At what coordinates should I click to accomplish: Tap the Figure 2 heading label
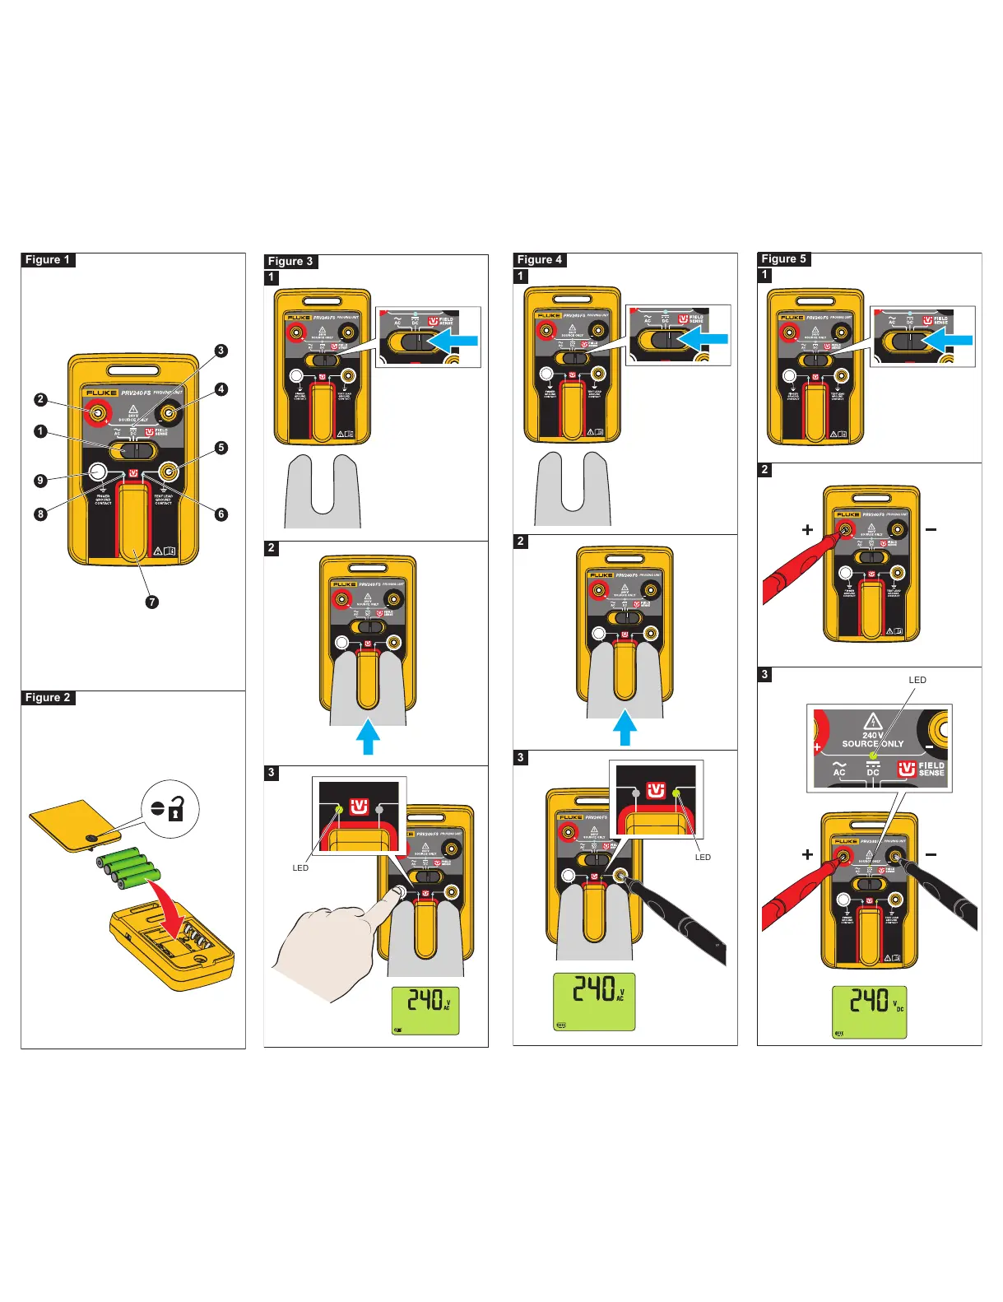click(x=48, y=698)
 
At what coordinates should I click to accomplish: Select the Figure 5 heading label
click(x=784, y=259)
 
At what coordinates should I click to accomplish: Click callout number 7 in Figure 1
click(x=151, y=602)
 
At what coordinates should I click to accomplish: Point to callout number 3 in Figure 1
click(x=221, y=351)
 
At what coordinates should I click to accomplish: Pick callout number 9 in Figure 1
click(x=40, y=481)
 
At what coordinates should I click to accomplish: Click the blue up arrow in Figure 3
click(x=368, y=737)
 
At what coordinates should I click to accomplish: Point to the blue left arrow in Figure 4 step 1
click(x=705, y=338)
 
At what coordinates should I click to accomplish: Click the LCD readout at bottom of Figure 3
click(x=425, y=1011)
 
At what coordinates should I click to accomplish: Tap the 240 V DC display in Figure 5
click(x=869, y=1011)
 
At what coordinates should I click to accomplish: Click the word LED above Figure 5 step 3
click(x=917, y=680)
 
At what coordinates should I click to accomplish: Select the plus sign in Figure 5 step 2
click(x=807, y=530)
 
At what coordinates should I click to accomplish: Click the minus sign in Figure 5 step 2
click(x=931, y=529)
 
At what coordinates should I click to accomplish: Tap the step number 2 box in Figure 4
click(x=521, y=542)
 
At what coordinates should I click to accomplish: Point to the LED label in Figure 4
click(x=703, y=858)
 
